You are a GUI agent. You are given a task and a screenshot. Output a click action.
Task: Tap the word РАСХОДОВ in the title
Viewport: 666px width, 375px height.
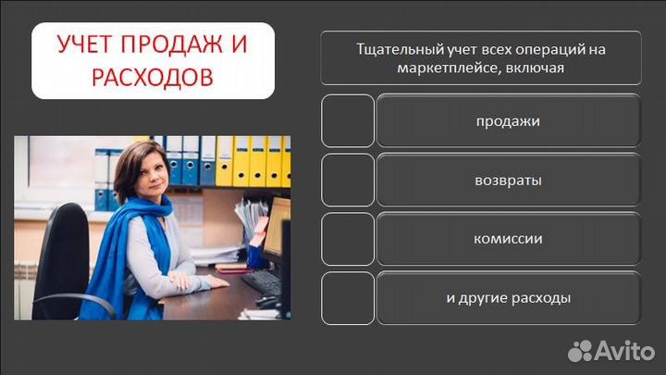coord(153,77)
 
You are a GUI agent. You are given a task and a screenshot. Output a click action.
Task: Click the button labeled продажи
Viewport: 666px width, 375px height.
coord(508,121)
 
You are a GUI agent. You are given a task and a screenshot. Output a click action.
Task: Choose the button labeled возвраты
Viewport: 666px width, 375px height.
coord(508,180)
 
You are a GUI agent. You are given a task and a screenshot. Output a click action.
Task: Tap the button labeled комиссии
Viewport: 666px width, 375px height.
coord(508,239)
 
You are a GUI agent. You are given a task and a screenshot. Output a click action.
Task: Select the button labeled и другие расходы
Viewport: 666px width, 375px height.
coord(508,298)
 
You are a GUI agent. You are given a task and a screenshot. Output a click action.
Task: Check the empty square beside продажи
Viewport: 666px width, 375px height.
coord(348,121)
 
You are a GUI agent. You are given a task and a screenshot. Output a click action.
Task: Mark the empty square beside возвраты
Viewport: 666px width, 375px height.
coord(348,180)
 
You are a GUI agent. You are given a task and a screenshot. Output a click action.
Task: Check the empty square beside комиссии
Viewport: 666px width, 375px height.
coord(348,239)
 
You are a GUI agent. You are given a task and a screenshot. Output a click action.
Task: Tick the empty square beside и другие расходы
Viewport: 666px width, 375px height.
coord(348,298)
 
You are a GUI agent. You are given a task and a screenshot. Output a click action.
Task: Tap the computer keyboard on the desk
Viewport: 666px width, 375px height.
coord(260,281)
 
